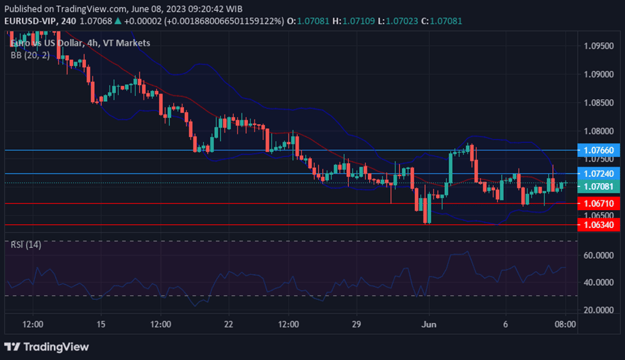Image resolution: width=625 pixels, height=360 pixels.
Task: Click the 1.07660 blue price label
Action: (x=599, y=150)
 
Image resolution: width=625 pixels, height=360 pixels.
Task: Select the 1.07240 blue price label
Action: (x=599, y=174)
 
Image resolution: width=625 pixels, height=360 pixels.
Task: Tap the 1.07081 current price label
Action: (x=599, y=186)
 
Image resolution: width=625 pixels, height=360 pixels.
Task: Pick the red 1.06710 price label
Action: (x=599, y=203)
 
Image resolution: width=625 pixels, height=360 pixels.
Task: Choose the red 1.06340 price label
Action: (x=599, y=225)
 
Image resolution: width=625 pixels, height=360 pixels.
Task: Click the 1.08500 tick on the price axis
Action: (x=599, y=102)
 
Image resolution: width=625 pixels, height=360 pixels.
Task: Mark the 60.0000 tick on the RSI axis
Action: (x=601, y=255)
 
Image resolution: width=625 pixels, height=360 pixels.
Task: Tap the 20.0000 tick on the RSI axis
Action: (x=601, y=310)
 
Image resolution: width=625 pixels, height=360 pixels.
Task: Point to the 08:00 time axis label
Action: (x=565, y=324)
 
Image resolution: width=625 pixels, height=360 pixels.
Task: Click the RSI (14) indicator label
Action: (x=26, y=245)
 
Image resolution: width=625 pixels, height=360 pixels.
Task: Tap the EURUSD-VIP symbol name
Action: (x=31, y=21)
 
